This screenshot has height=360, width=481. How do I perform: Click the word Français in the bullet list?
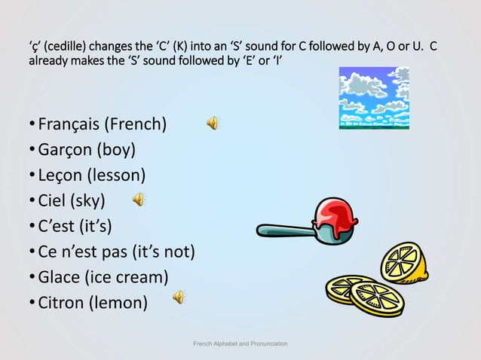69,124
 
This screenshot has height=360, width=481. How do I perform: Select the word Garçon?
64,150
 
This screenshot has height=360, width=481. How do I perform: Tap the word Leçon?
60,175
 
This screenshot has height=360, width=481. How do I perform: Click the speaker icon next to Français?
213,124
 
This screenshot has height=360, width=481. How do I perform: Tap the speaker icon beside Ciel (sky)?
139,200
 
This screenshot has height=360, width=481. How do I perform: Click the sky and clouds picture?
374,98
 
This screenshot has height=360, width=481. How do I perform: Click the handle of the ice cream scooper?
280,230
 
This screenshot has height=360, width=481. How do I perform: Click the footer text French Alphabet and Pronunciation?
240,344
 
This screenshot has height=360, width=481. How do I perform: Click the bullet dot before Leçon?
32,176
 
